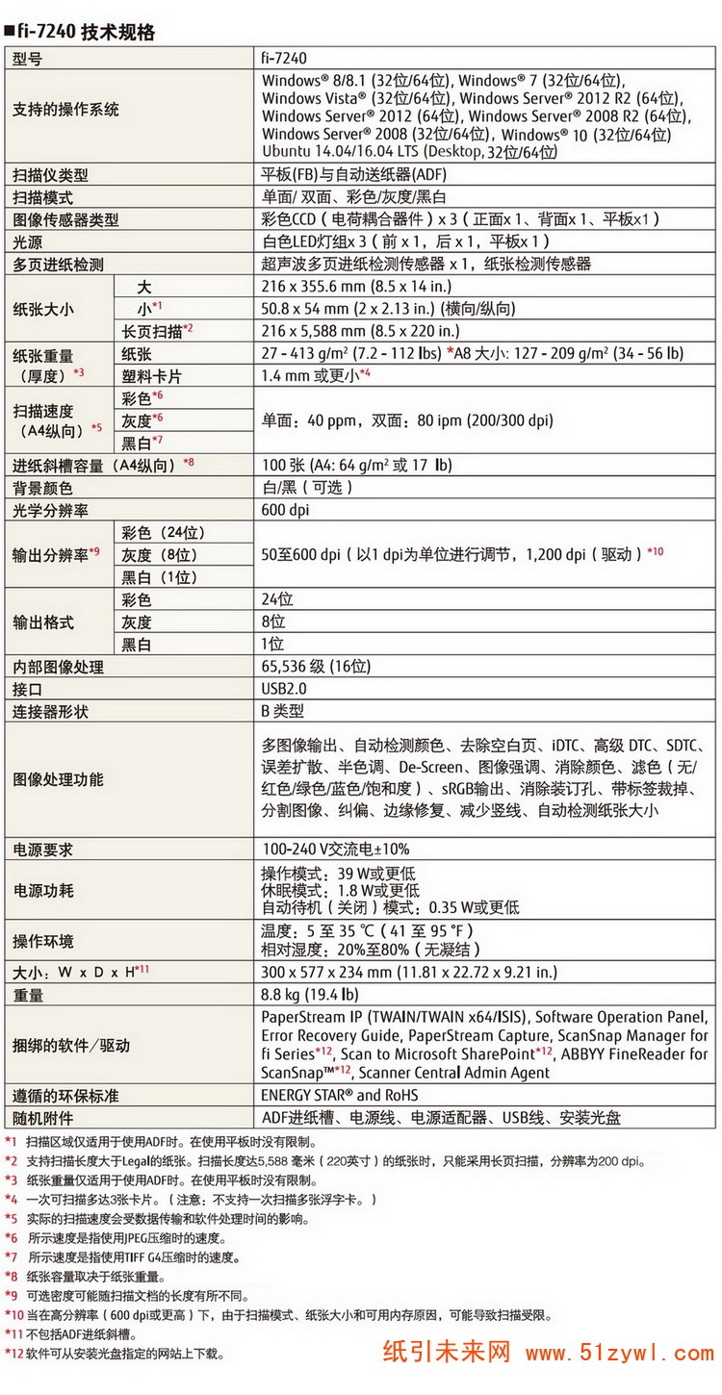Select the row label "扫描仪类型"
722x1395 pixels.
pos(50,175)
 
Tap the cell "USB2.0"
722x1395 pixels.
pos(284,689)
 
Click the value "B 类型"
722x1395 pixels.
pos(283,712)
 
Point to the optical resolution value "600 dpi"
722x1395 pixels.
pos(286,510)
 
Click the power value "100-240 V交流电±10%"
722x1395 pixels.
pos(336,849)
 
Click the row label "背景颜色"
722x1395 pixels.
pos(42,488)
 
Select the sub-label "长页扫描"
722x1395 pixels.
pos(152,331)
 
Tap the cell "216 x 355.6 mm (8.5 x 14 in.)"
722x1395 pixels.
pos(357,287)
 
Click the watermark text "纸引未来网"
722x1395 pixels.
pos(447,1353)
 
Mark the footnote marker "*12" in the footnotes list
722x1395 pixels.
pos(14,1354)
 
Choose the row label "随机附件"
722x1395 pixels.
pos(42,1118)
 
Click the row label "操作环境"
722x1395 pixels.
pos(42,941)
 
